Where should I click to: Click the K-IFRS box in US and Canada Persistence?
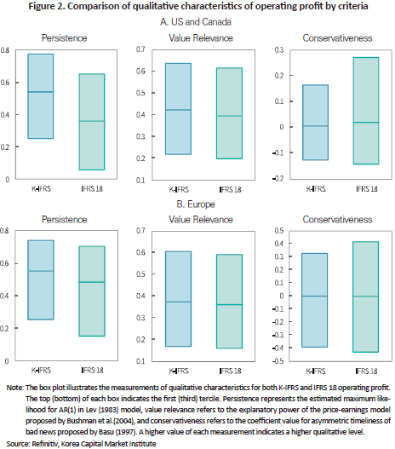(41, 96)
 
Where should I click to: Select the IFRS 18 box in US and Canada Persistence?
(92, 122)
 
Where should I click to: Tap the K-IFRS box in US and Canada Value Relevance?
(178, 109)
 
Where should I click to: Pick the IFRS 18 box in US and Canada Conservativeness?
(366, 111)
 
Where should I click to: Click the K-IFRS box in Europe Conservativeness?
(315, 300)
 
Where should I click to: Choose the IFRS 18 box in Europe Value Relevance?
(229, 302)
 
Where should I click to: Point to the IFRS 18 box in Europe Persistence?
(92, 291)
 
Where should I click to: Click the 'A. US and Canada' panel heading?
(196, 22)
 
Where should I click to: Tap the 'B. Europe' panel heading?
(196, 204)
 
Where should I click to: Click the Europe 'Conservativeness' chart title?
(337, 220)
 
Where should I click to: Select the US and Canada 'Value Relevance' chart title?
(201, 38)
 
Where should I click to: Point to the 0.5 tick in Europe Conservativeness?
(279, 231)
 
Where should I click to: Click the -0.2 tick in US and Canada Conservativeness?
(278, 178)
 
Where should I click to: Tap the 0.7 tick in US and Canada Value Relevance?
(140, 49)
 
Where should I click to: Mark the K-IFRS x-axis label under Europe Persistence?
(41, 371)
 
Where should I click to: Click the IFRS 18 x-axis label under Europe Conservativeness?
(366, 371)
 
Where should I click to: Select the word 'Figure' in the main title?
(41, 6)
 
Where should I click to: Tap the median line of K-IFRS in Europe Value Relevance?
(178, 302)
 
